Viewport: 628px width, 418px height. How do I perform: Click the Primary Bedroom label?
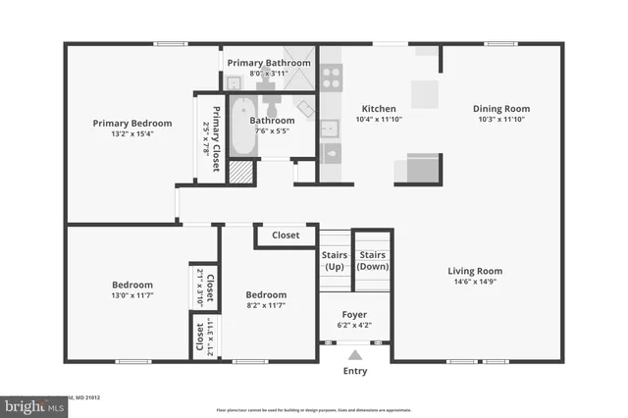coord(132,124)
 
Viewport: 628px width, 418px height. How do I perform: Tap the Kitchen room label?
coord(378,108)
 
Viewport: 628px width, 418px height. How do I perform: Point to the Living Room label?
coord(475,271)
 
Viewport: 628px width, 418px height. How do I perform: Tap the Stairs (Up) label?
coord(335,260)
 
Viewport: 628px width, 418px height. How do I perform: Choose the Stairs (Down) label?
coord(372,260)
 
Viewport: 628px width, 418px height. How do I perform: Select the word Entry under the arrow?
coord(354,372)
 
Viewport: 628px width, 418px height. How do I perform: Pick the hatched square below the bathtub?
coord(240,173)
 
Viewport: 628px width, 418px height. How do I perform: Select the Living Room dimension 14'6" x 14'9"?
coord(475,283)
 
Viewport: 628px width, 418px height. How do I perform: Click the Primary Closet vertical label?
coord(210,137)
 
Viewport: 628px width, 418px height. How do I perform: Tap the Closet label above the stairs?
coord(286,235)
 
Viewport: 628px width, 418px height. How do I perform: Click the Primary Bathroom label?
coord(269,63)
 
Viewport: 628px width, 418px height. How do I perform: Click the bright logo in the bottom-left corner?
coord(31,403)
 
